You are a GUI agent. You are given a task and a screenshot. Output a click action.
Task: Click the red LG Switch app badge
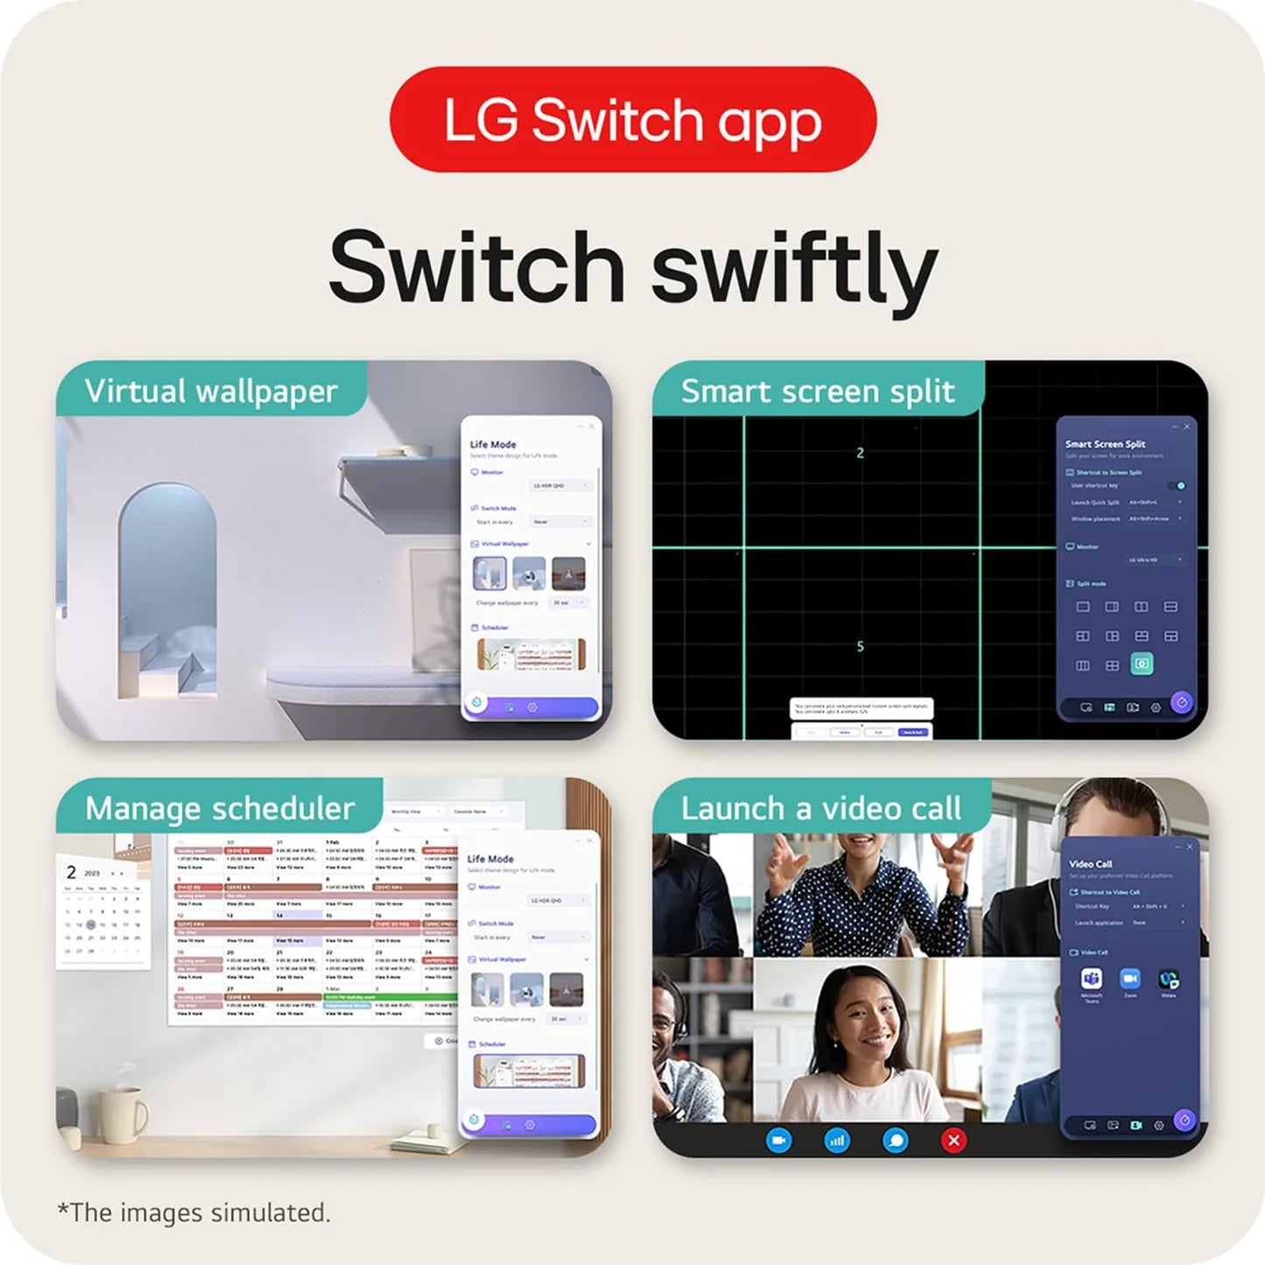(632, 119)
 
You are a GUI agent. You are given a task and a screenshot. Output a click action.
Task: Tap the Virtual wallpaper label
(211, 390)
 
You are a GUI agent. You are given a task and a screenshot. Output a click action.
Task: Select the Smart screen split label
(818, 390)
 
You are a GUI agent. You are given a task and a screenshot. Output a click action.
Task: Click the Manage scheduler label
(220, 808)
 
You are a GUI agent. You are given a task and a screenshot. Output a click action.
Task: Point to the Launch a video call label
(821, 808)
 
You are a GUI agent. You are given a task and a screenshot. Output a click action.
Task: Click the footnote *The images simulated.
(193, 1212)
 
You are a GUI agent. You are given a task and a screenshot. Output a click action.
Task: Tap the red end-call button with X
(953, 1140)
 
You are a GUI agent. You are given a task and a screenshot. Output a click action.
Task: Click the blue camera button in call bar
(778, 1140)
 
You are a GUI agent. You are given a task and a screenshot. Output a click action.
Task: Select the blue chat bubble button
(896, 1140)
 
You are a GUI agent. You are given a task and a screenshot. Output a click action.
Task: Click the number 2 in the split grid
(860, 453)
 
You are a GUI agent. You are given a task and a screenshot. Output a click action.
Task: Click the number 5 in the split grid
(860, 646)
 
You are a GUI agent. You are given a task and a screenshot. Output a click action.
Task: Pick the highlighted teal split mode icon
(1142, 664)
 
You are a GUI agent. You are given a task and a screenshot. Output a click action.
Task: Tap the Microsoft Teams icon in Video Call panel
(1091, 979)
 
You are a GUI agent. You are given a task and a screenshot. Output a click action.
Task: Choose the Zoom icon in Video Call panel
(1130, 979)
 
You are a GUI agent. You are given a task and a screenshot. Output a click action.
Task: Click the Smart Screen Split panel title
(1105, 444)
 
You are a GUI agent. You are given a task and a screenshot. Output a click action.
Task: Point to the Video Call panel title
(1090, 863)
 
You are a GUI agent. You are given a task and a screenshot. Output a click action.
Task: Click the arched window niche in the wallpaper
(167, 569)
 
